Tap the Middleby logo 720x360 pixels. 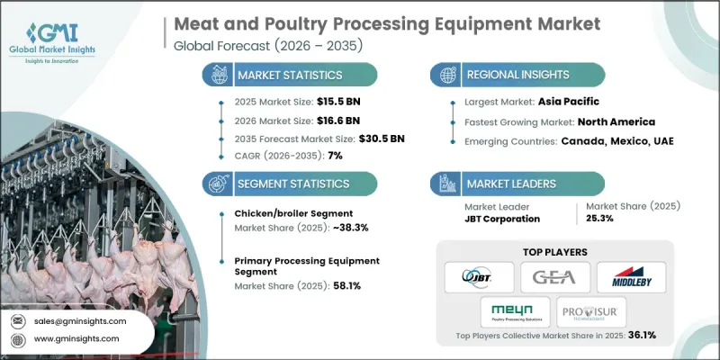point(631,277)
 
